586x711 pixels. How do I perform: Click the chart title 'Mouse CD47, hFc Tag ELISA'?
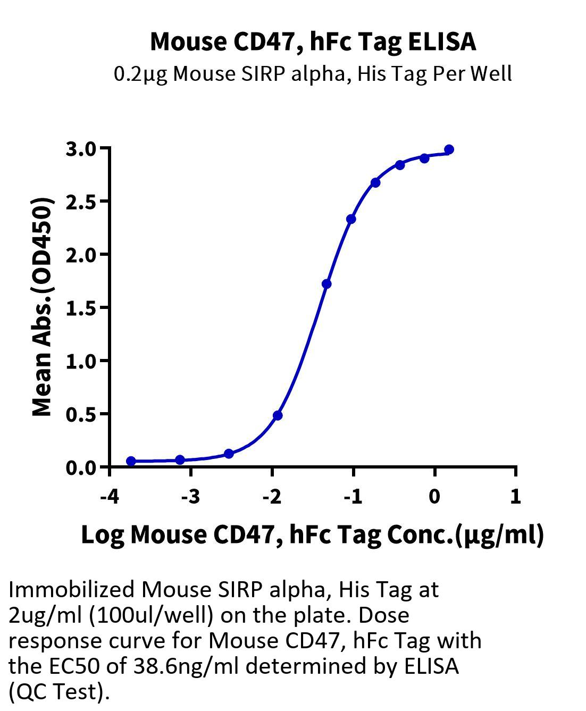point(313,42)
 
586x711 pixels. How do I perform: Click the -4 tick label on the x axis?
point(110,497)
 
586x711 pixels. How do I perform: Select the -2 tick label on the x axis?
point(272,497)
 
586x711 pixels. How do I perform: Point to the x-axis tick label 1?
point(515,497)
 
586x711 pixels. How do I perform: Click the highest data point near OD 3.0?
point(449,149)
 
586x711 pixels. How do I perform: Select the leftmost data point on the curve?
point(131,461)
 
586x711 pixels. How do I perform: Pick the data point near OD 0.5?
point(278,415)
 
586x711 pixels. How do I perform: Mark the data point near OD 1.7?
point(327,283)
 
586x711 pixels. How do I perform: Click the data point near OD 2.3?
point(351,219)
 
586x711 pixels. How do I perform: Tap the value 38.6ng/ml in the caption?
point(187,666)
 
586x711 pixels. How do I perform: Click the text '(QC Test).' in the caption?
point(59,692)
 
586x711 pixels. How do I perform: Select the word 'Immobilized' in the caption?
point(71,590)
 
